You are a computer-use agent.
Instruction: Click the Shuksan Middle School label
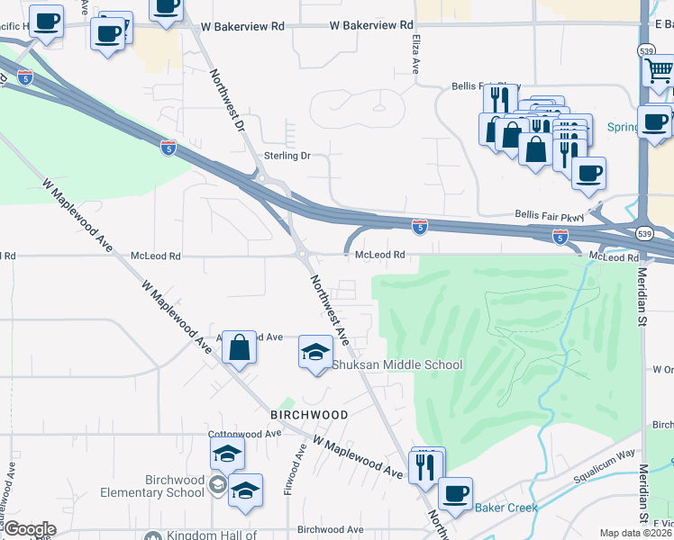[x=397, y=364]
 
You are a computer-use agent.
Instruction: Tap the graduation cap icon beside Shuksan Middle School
[x=315, y=350]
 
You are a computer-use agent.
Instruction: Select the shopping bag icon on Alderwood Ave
[x=239, y=346]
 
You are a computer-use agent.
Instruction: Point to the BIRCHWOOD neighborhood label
[x=309, y=414]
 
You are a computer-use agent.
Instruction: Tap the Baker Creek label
[x=506, y=508]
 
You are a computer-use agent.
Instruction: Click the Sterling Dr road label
[x=287, y=156]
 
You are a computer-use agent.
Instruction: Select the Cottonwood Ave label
[x=244, y=433]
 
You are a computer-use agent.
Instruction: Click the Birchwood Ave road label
[x=330, y=530]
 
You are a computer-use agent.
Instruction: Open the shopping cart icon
[x=660, y=69]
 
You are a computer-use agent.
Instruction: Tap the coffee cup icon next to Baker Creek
[x=455, y=493]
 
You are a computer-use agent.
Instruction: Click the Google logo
[x=30, y=529]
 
